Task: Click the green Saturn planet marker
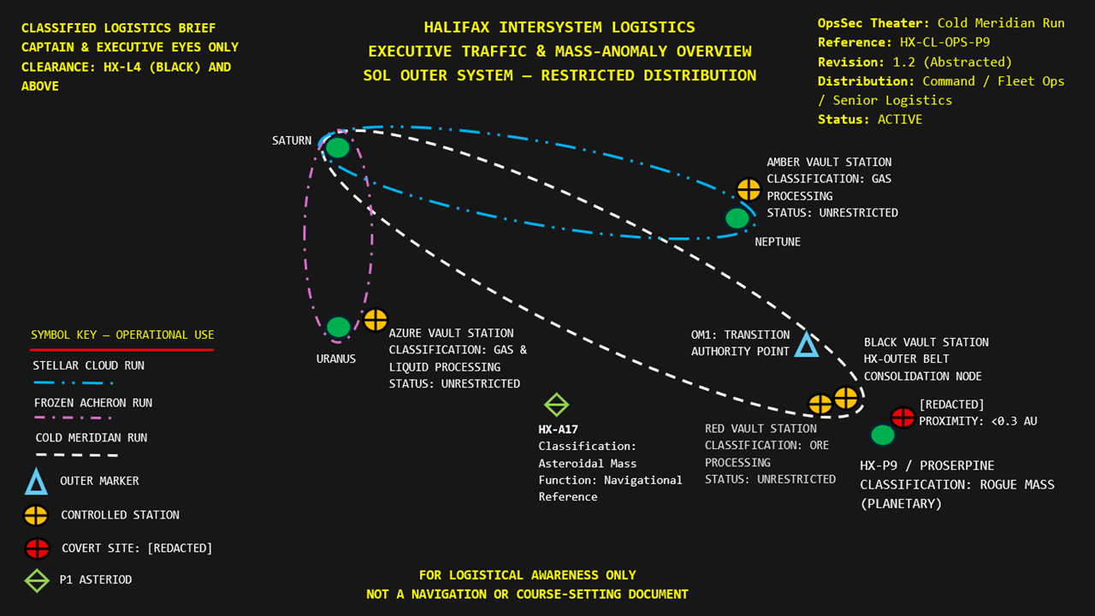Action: point(338,148)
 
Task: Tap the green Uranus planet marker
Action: point(339,327)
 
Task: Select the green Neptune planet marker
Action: point(737,218)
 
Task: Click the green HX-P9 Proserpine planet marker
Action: point(883,435)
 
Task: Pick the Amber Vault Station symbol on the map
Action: point(749,189)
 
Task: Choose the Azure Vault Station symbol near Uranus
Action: point(375,320)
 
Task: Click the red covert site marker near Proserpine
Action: point(903,418)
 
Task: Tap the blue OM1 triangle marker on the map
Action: point(806,345)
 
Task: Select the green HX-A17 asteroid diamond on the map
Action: point(556,405)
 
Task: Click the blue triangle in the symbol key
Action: point(37,483)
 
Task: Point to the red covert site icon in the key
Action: point(37,548)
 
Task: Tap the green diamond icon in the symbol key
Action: point(37,580)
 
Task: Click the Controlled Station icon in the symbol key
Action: point(37,516)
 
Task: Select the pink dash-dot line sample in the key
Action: point(73,418)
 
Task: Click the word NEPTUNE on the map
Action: point(778,242)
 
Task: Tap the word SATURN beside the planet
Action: point(292,140)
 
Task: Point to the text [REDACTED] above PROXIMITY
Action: point(951,404)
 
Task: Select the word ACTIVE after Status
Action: point(899,120)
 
